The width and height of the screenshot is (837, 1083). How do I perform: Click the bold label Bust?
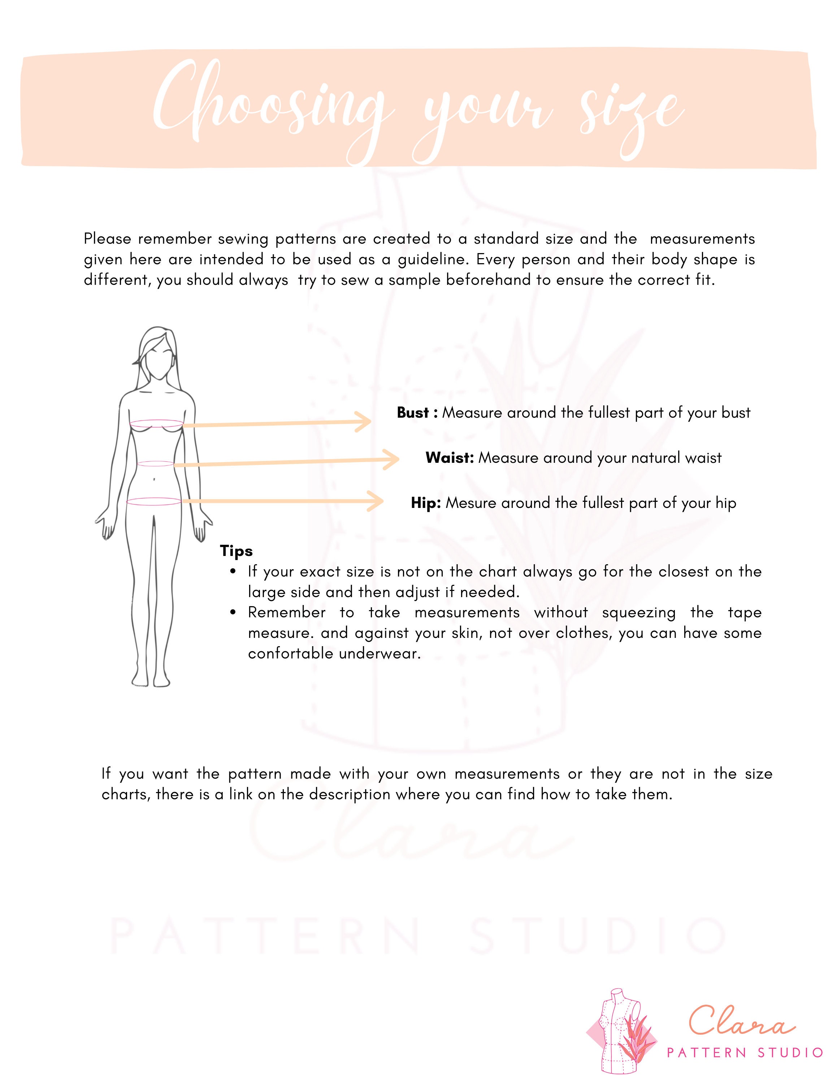(413, 413)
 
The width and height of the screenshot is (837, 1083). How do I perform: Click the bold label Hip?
(425, 503)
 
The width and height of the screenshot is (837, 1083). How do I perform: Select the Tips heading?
(237, 551)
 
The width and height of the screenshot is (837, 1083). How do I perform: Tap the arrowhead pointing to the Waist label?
(392, 459)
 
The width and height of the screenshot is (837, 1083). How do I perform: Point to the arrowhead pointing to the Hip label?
(377, 501)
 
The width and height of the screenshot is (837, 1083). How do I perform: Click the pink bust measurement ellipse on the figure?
(157, 424)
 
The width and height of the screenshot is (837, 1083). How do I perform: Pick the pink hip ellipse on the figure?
(154, 502)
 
